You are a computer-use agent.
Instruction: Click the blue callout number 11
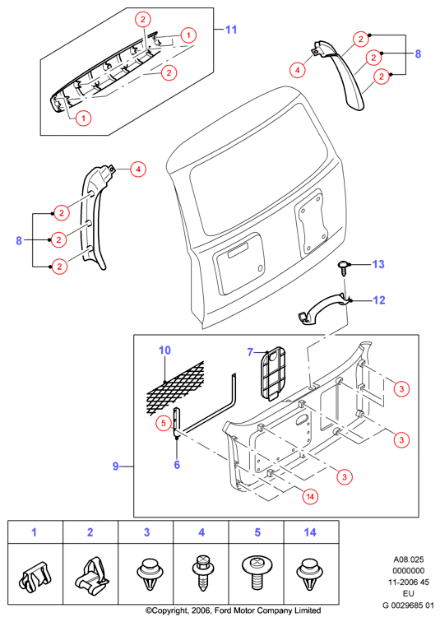(x=231, y=30)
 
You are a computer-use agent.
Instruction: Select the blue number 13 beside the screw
(x=378, y=264)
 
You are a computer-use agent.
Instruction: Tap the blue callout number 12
(x=379, y=300)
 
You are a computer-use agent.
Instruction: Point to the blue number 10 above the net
(x=164, y=350)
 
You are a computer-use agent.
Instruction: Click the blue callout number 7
(x=250, y=352)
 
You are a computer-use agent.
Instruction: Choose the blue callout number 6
(x=177, y=465)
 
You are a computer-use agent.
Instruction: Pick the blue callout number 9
(x=115, y=466)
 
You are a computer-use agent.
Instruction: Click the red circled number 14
(x=310, y=496)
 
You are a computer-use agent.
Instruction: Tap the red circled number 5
(x=164, y=423)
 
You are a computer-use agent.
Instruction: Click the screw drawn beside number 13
(x=343, y=267)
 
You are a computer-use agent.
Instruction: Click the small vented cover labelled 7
(x=273, y=372)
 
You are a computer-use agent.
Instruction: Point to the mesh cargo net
(x=175, y=388)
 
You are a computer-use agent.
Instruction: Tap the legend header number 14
(x=310, y=532)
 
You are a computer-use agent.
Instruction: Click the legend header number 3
(x=146, y=532)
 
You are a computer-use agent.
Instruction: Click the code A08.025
(x=409, y=559)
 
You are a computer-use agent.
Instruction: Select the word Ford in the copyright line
(x=223, y=610)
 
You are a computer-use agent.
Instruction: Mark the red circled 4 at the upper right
(x=297, y=70)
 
